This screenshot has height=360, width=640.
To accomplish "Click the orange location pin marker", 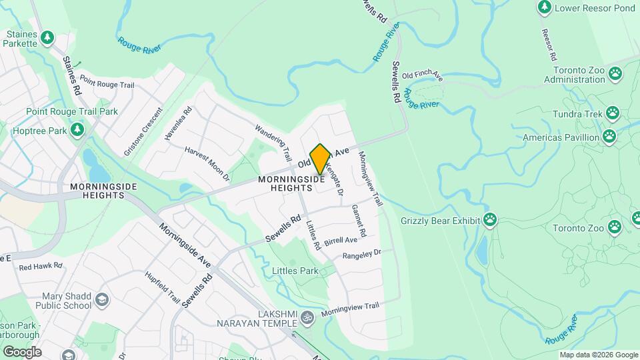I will tap(320, 159).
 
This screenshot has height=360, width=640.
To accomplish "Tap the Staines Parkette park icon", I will tap(47, 39).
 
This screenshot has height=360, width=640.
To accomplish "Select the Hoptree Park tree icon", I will tap(77, 129).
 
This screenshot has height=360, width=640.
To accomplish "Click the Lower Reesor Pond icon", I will tap(545, 7).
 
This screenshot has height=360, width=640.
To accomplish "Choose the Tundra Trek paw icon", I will tap(612, 113).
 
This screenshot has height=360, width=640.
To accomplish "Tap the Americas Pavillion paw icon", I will tap(609, 137).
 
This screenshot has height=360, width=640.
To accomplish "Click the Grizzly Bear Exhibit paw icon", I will tap(491, 219).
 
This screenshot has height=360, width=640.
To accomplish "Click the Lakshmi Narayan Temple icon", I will tap(307, 317).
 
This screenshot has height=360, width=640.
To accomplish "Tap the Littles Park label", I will tap(295, 271).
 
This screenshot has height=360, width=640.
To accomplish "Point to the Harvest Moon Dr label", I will tap(207, 165).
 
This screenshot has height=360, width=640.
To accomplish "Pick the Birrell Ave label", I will tap(341, 240).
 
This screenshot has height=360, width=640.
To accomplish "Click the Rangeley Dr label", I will tap(361, 255).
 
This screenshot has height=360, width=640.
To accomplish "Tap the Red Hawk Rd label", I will tap(40, 267).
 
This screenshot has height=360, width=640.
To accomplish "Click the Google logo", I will tap(22, 351).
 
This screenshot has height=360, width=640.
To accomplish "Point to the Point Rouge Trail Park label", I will tap(71, 111).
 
